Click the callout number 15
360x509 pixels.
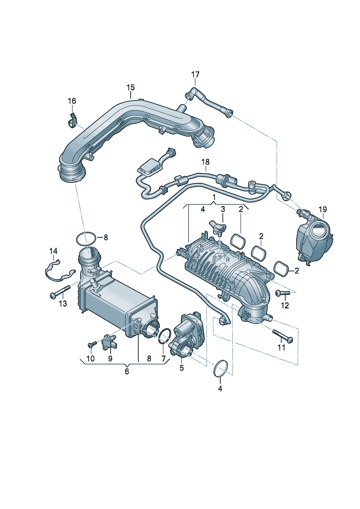click(131, 87)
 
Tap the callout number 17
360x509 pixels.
click(195, 74)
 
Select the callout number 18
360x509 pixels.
click(205, 162)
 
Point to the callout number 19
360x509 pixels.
click(323, 209)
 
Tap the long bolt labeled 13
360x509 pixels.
click(60, 292)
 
